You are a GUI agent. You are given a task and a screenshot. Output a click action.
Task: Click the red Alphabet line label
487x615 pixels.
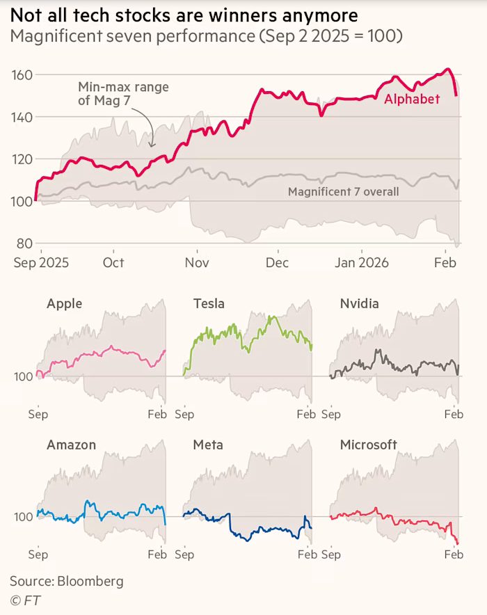click(x=412, y=99)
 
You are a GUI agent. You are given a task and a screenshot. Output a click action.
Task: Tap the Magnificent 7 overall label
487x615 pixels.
click(x=343, y=191)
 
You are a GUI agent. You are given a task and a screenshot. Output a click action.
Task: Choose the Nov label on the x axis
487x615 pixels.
click(x=198, y=262)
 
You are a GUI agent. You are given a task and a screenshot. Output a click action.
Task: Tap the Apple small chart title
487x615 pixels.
click(x=64, y=303)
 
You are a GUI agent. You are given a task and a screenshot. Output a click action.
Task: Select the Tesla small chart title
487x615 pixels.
click(x=208, y=303)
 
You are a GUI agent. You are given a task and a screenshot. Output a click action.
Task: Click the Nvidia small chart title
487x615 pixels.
click(x=359, y=303)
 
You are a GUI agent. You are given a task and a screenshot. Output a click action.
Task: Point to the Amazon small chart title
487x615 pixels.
click(x=71, y=445)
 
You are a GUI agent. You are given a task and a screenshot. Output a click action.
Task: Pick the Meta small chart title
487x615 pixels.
click(x=207, y=445)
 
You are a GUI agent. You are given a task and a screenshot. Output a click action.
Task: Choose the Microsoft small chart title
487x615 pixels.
click(x=368, y=445)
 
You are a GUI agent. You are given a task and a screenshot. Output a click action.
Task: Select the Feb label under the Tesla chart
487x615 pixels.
click(x=306, y=415)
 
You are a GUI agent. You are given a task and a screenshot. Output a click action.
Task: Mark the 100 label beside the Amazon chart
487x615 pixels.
click(x=23, y=517)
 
